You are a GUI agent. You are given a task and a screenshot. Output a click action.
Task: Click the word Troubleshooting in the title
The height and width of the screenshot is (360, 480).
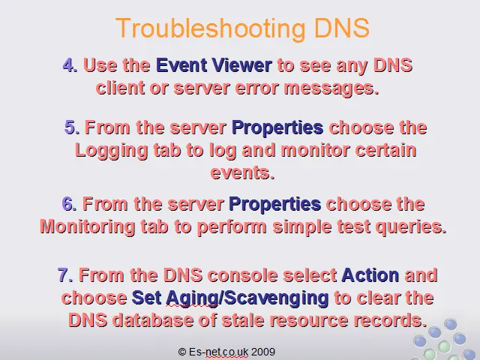[x=211, y=28]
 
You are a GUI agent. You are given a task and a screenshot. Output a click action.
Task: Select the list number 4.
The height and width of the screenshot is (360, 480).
[x=70, y=65]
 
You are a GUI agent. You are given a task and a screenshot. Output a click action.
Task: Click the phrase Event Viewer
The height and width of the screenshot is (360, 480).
[x=214, y=65]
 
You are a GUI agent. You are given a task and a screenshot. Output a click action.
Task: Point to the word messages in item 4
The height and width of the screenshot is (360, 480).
[x=331, y=88]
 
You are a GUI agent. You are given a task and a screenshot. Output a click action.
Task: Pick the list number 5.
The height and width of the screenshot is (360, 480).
[x=72, y=127]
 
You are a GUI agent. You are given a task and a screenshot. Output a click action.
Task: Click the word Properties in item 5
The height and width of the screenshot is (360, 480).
[x=277, y=127]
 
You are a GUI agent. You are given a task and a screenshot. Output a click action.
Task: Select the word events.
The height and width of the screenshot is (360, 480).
[x=242, y=172]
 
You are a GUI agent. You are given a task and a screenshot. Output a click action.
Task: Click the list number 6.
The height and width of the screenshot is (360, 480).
[x=69, y=203]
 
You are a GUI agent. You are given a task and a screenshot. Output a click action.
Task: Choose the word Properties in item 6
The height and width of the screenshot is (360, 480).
[x=275, y=204]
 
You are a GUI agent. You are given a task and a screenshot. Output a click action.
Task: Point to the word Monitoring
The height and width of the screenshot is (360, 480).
[x=88, y=227]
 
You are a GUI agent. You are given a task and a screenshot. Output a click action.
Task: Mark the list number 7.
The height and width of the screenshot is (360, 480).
[x=65, y=275]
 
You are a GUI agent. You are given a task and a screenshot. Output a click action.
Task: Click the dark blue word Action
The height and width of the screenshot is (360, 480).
[x=370, y=275]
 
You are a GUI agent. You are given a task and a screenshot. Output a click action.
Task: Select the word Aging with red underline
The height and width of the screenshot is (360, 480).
[x=192, y=298]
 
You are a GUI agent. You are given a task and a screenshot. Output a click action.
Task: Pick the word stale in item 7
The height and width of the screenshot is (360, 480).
[x=243, y=320]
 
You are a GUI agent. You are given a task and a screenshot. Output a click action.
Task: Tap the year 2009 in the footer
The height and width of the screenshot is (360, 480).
[x=263, y=352]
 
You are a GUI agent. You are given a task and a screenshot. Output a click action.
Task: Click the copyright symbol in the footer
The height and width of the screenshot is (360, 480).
[x=182, y=352]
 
